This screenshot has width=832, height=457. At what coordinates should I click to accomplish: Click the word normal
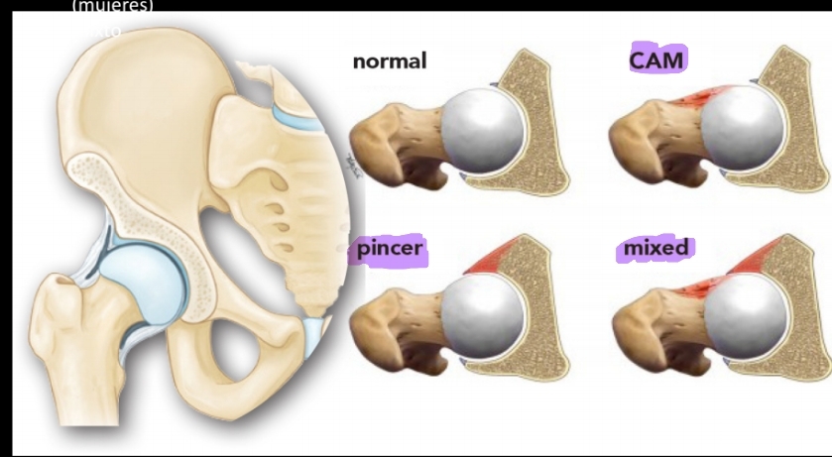tap(389, 61)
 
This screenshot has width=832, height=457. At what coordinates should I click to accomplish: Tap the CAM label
tap(657, 59)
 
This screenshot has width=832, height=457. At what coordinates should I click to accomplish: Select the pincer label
tap(390, 249)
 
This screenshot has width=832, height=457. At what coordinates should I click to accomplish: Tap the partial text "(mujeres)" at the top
tap(113, 6)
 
